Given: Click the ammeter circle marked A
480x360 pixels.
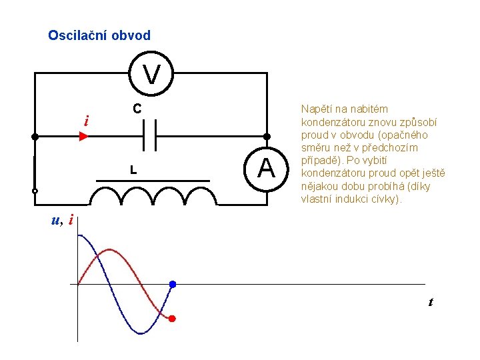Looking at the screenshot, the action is [267, 167].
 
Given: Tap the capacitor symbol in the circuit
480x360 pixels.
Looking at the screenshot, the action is [150, 137].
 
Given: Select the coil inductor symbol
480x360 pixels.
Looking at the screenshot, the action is [153, 195].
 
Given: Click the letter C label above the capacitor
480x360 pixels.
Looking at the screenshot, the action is [135, 108].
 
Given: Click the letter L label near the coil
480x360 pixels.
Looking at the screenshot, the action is [133, 171].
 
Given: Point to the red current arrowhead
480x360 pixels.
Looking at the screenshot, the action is [83, 137].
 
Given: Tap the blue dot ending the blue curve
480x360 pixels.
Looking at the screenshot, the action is [172, 285].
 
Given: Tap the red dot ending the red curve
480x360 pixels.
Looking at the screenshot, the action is [171, 319].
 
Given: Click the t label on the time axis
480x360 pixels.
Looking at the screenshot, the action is [430, 302].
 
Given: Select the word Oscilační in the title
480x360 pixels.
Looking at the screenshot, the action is [75, 35].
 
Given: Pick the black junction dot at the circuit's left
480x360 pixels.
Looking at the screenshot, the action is [35, 137].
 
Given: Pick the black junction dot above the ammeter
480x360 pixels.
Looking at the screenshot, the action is [267, 137].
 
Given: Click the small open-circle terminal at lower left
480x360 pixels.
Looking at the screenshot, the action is [35, 191].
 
